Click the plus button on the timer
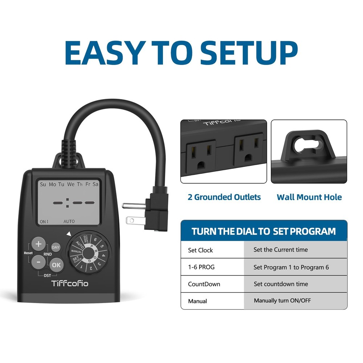click(x=38, y=244)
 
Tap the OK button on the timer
click(x=56, y=265)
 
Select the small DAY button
click(x=56, y=248)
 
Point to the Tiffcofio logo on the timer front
click(x=70, y=283)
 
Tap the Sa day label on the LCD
click(x=95, y=184)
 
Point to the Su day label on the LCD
click(x=43, y=184)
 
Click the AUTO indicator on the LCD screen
click(x=69, y=221)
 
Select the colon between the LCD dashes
click(x=67, y=202)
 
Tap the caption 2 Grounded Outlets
click(x=224, y=197)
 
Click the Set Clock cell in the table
click(x=200, y=250)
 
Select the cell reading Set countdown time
click(x=281, y=284)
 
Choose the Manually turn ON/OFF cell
click(x=282, y=301)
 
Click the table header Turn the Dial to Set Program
click(x=264, y=231)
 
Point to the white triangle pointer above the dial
click(x=68, y=234)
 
